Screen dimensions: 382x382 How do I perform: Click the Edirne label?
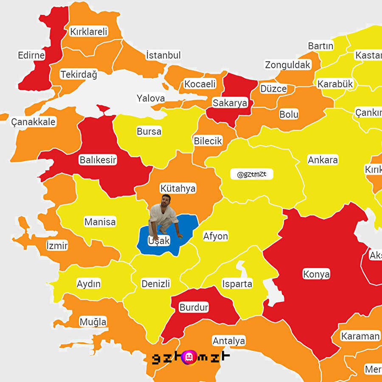[31, 55]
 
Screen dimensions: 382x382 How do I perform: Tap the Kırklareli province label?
[89, 31]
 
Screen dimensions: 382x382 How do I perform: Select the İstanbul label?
[163, 55]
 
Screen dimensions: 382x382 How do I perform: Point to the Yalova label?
[151, 98]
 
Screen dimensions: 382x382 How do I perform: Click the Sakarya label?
[230, 103]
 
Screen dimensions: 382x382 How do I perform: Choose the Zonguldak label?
[288, 65]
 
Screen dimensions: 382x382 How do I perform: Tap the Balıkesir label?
[98, 160]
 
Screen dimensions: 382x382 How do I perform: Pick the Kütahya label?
[178, 188]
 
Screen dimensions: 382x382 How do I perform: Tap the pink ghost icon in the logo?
[189, 357]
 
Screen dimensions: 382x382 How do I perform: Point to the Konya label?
[316, 274]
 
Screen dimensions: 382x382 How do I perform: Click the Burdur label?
[194, 307]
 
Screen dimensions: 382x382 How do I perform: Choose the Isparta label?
[237, 284]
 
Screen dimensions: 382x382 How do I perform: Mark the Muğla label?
[93, 322]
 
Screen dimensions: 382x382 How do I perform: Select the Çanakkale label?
[34, 122]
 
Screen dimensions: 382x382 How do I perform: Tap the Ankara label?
[323, 160]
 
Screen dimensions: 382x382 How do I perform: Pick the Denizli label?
[156, 284]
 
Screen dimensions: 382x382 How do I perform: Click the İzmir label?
[57, 245]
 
